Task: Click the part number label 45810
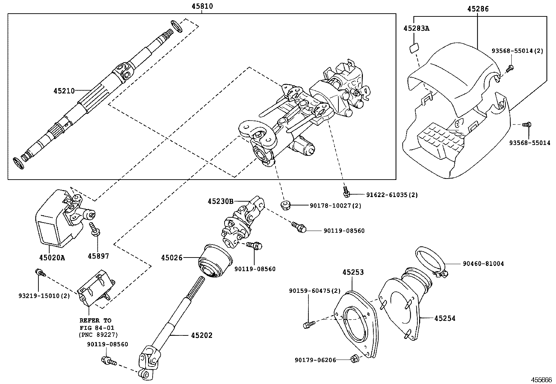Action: (202, 6)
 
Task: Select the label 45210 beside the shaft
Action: (64, 91)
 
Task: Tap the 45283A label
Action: (417, 28)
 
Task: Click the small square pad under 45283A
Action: (415, 48)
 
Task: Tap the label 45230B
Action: (220, 201)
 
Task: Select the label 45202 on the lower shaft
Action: (202, 335)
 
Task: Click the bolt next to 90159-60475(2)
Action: (309, 325)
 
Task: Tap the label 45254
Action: (445, 318)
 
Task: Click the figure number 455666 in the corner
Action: (541, 380)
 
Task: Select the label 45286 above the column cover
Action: (478, 9)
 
